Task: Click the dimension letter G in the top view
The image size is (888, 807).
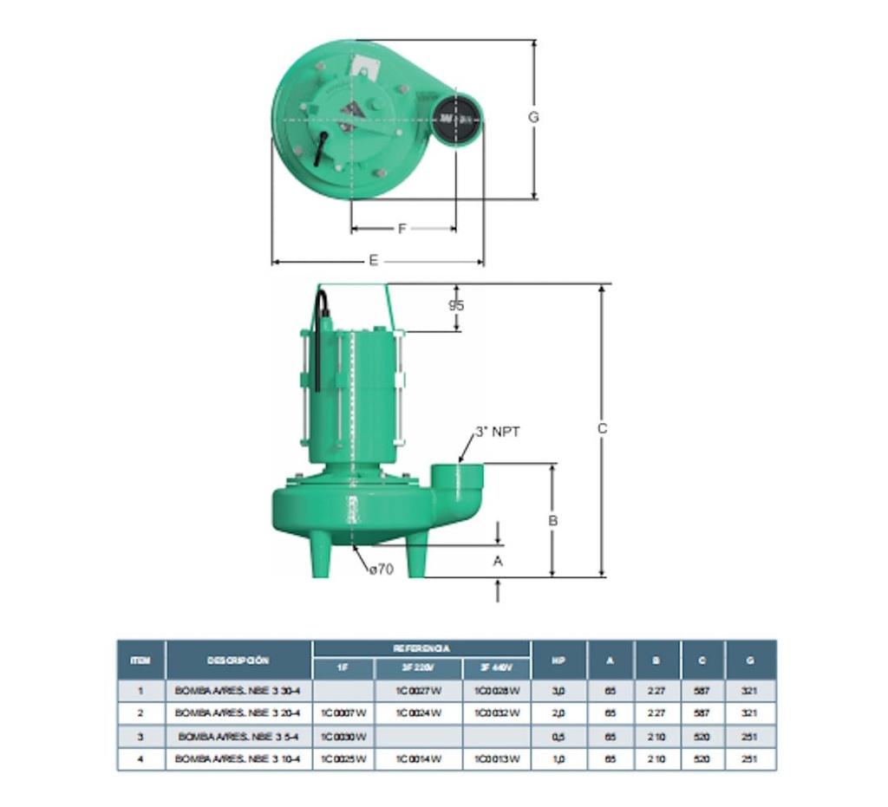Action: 533,117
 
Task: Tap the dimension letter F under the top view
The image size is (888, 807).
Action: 402,229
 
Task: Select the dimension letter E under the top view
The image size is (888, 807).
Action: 374,261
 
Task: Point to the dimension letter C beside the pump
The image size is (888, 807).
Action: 602,428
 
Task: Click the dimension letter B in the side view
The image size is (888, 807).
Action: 552,521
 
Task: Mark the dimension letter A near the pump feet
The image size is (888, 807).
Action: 498,561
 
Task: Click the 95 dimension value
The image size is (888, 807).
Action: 456,306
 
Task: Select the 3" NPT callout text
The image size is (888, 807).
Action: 497,432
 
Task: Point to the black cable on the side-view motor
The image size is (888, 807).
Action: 320,347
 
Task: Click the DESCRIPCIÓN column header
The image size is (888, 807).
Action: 238,660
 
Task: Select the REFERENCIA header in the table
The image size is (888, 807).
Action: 421,648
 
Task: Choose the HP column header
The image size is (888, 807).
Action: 558,660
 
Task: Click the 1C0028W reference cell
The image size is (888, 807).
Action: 496,691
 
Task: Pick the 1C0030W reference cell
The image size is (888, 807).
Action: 343,737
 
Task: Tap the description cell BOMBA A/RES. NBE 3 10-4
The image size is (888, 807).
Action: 238,759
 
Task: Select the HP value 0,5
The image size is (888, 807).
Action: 558,737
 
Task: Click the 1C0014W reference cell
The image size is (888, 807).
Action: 419,759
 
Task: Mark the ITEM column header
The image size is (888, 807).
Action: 140,660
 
